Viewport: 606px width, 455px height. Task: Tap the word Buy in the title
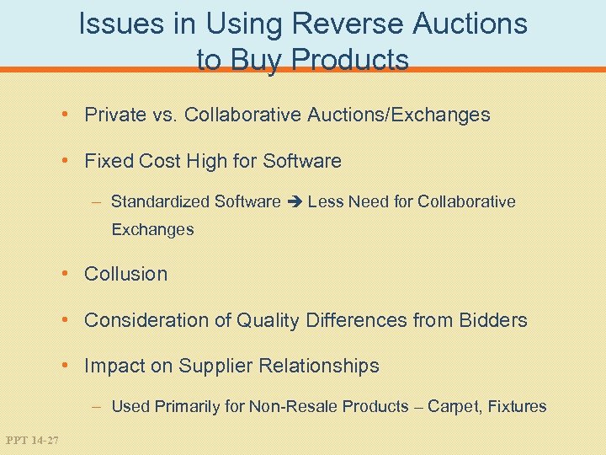[x=253, y=60]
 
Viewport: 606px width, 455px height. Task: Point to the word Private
[x=115, y=115]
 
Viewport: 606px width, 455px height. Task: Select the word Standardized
[x=160, y=201]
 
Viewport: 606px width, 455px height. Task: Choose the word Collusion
[x=126, y=274]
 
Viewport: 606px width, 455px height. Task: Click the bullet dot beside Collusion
[x=75, y=274]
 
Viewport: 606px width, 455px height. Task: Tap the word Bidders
[x=493, y=320]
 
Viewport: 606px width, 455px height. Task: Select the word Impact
[x=112, y=367]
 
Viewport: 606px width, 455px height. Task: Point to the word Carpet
[x=453, y=406]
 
